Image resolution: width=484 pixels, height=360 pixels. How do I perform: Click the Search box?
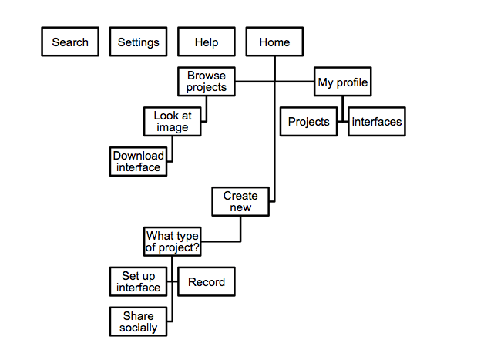[70, 42]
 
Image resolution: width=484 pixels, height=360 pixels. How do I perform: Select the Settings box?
[139, 42]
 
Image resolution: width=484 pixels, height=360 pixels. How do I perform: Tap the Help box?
[207, 42]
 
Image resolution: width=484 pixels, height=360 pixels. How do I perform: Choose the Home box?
[274, 42]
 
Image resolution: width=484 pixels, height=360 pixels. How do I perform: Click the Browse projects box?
[207, 82]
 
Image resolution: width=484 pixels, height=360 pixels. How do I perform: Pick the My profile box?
[343, 82]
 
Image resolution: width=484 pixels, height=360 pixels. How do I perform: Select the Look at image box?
[173, 122]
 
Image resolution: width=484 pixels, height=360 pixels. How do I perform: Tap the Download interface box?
[139, 161]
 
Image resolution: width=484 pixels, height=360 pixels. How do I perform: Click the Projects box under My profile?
[308, 122]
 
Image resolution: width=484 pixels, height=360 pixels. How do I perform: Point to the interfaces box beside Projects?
[377, 122]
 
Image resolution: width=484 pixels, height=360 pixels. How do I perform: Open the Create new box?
[240, 201]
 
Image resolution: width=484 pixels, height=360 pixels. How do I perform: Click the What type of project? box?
[173, 241]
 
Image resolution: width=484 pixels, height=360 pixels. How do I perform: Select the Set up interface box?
[139, 281]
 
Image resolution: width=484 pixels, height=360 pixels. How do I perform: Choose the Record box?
[207, 282]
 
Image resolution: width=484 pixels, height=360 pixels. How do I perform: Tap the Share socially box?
[139, 321]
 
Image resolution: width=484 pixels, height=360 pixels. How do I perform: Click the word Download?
[139, 156]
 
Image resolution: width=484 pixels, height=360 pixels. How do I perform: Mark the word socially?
[139, 328]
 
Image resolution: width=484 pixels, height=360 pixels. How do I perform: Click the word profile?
[352, 82]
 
